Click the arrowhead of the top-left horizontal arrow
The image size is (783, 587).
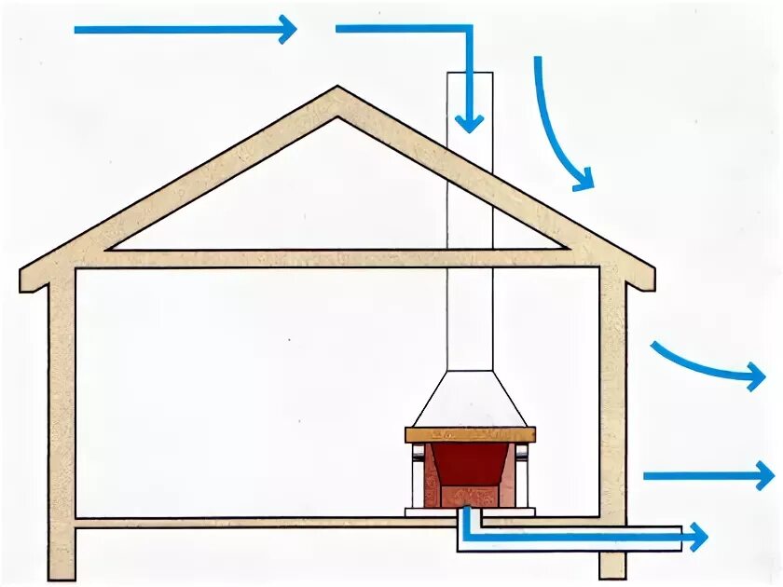[287, 29]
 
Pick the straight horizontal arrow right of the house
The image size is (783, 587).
[708, 476]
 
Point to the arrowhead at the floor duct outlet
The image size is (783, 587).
[697, 537]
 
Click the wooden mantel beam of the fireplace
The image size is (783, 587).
[470, 434]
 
